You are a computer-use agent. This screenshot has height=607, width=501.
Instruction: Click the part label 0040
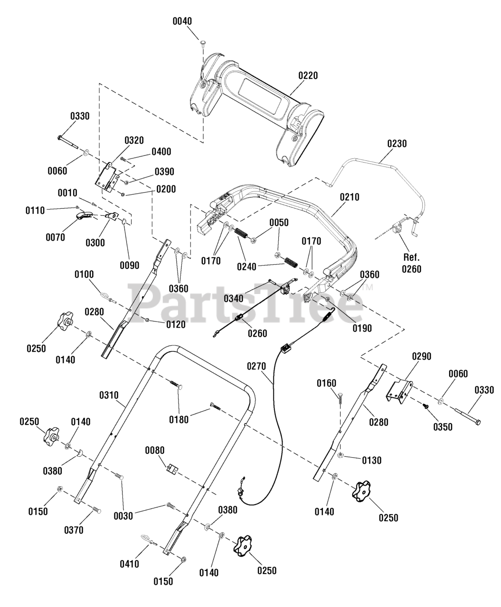pyautogui.click(x=182, y=21)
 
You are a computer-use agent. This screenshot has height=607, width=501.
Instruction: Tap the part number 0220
pyautogui.click(x=308, y=75)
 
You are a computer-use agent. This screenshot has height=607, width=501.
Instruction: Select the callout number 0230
pyautogui.click(x=397, y=144)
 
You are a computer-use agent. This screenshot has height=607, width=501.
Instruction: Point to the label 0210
pyautogui.click(x=350, y=197)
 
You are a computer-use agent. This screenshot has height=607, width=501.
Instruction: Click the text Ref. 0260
pyautogui.click(x=411, y=263)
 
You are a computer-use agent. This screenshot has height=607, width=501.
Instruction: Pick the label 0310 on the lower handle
pyautogui.click(x=109, y=395)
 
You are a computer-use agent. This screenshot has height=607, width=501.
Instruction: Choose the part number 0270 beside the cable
pyautogui.click(x=256, y=367)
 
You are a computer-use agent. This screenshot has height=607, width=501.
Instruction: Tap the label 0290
pyautogui.click(x=422, y=356)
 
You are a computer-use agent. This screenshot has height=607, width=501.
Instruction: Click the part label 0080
pyautogui.click(x=155, y=451)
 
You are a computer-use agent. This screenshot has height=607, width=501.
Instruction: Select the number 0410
pyautogui.click(x=130, y=564)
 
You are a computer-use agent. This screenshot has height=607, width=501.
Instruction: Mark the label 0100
pyautogui.click(x=84, y=275)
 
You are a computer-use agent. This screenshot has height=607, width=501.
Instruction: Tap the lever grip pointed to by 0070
pyautogui.click(x=84, y=215)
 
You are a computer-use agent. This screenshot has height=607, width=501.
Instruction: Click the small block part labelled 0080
pyautogui.click(x=172, y=469)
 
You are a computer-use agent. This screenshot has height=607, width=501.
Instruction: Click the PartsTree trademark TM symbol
pyautogui.click(x=369, y=287)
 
